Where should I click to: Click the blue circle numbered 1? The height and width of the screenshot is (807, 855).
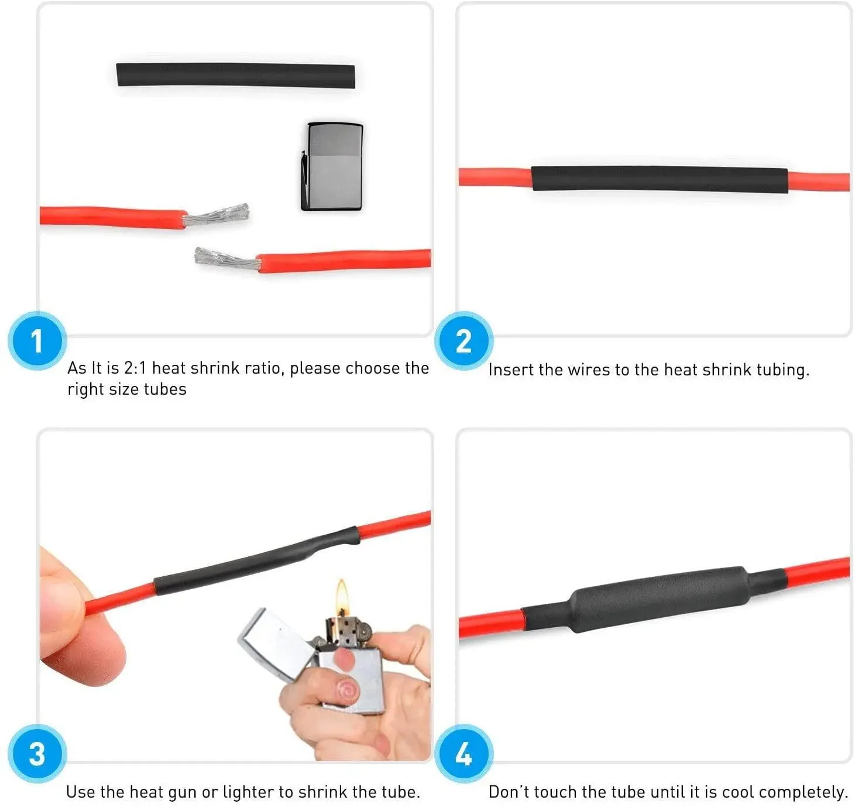(37, 341)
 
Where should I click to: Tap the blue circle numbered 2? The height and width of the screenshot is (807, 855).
(463, 341)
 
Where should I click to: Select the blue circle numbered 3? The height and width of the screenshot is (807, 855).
(37, 754)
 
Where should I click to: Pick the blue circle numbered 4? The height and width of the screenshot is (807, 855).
(463, 754)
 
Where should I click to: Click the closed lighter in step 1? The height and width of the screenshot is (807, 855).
(332, 167)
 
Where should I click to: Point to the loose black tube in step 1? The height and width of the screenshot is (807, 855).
(236, 75)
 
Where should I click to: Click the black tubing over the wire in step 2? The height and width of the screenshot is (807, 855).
(660, 179)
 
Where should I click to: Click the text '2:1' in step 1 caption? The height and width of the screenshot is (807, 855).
(135, 368)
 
